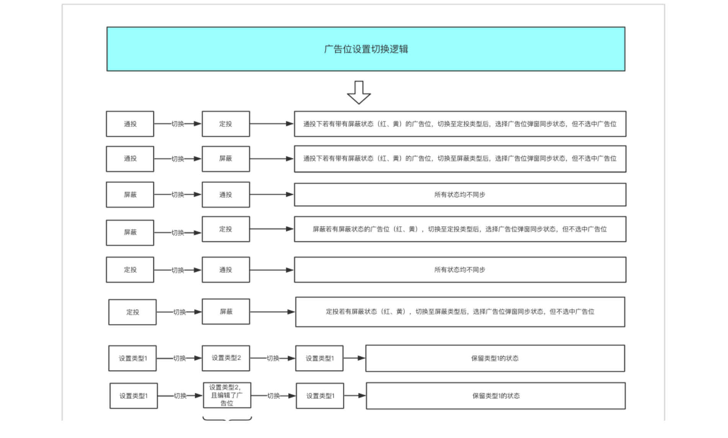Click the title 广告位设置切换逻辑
click(x=366, y=49)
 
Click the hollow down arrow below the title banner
click(x=359, y=92)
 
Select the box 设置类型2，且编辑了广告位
click(x=227, y=395)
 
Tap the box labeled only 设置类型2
click(x=226, y=358)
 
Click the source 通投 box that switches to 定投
click(x=130, y=124)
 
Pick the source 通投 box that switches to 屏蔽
click(x=130, y=158)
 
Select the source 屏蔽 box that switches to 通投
click(x=130, y=194)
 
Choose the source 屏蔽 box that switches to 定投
click(x=130, y=232)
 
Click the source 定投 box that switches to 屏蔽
click(x=133, y=312)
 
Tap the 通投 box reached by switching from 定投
click(x=226, y=270)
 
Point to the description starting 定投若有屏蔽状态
click(x=460, y=312)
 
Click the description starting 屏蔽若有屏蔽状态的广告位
click(x=460, y=229)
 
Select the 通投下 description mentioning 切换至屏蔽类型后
click(x=460, y=158)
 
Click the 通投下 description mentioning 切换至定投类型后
click(x=460, y=124)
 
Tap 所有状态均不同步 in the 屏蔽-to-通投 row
click(x=460, y=194)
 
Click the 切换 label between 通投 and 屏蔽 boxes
click(x=178, y=159)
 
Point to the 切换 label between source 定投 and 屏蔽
click(x=180, y=312)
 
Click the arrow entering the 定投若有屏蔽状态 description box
click(x=272, y=312)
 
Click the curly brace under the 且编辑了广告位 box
click(x=227, y=418)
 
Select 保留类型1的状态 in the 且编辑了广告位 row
click(x=496, y=396)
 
